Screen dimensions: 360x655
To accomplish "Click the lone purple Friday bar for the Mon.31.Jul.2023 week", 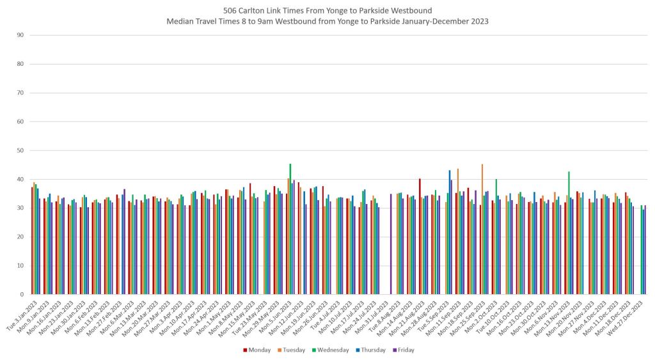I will tap(391, 244).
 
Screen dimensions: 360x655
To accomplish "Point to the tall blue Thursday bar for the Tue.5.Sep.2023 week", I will tap(450, 232).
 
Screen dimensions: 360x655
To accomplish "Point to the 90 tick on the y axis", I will tap(20, 35).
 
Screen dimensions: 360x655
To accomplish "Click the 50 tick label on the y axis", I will tap(20, 151).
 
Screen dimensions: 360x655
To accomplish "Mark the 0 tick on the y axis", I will tap(22, 295).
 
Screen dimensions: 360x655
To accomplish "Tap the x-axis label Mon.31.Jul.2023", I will tap(377, 313).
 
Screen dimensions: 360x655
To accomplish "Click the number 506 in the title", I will tap(230, 11).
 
